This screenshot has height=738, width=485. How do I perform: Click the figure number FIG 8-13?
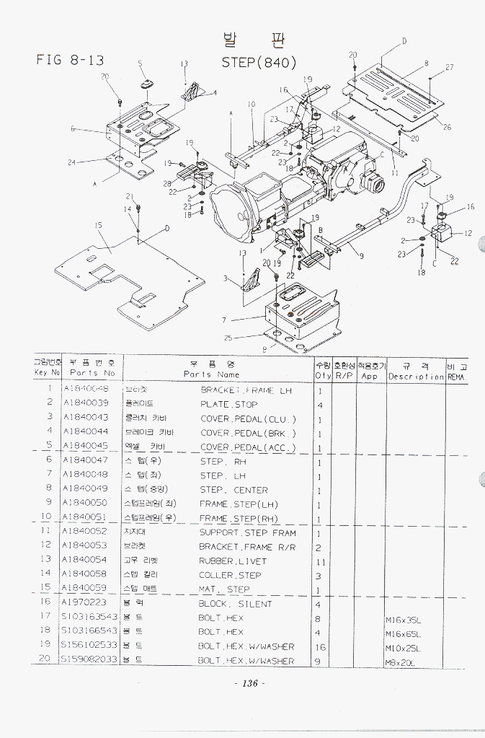click(70, 60)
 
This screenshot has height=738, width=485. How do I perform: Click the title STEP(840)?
click(259, 62)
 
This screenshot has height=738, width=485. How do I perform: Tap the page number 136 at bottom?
click(249, 684)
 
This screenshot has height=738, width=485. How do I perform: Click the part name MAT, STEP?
click(224, 589)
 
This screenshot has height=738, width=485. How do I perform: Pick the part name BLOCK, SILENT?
click(235, 603)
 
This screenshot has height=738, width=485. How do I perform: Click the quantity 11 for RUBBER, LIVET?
click(321, 561)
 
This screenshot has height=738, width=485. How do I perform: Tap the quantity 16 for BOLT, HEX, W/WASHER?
click(321, 646)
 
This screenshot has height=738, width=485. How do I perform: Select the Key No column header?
click(48, 373)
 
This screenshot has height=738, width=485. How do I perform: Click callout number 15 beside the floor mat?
click(97, 225)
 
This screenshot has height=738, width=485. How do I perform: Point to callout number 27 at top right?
click(449, 67)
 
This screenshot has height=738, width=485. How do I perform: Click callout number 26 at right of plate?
click(447, 127)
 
